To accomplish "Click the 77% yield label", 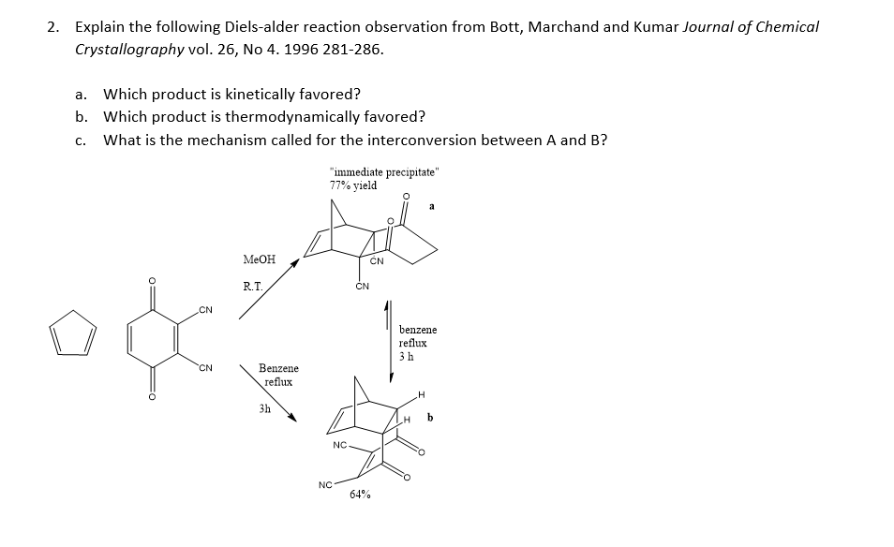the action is click(x=353, y=185).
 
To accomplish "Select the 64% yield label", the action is click(x=359, y=495).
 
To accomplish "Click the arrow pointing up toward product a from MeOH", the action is click(x=272, y=288).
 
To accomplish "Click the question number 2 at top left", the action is click(x=52, y=26).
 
